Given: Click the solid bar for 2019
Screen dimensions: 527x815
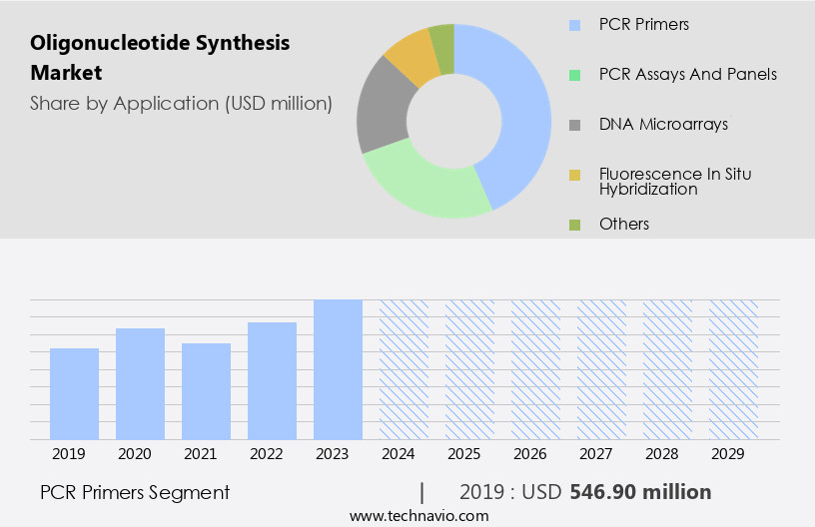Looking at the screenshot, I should (74, 393).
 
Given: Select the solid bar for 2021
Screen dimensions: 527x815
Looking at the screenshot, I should (206, 391).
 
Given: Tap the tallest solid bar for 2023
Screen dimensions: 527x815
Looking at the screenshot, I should (338, 369).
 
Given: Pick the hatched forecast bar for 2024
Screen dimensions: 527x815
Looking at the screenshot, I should (404, 369).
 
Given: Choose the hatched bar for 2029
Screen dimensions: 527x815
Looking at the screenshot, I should (733, 369).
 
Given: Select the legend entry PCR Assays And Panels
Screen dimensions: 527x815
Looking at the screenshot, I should (687, 74).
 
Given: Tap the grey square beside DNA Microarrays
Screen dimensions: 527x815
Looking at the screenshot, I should (573, 125).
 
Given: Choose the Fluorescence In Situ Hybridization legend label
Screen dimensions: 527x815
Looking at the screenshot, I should (675, 181).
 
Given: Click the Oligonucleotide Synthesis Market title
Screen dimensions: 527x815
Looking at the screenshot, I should (160, 57).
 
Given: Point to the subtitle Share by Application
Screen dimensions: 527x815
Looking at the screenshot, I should (181, 103).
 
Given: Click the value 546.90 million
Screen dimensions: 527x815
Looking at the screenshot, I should (640, 492).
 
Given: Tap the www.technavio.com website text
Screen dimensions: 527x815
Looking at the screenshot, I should (418, 515).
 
